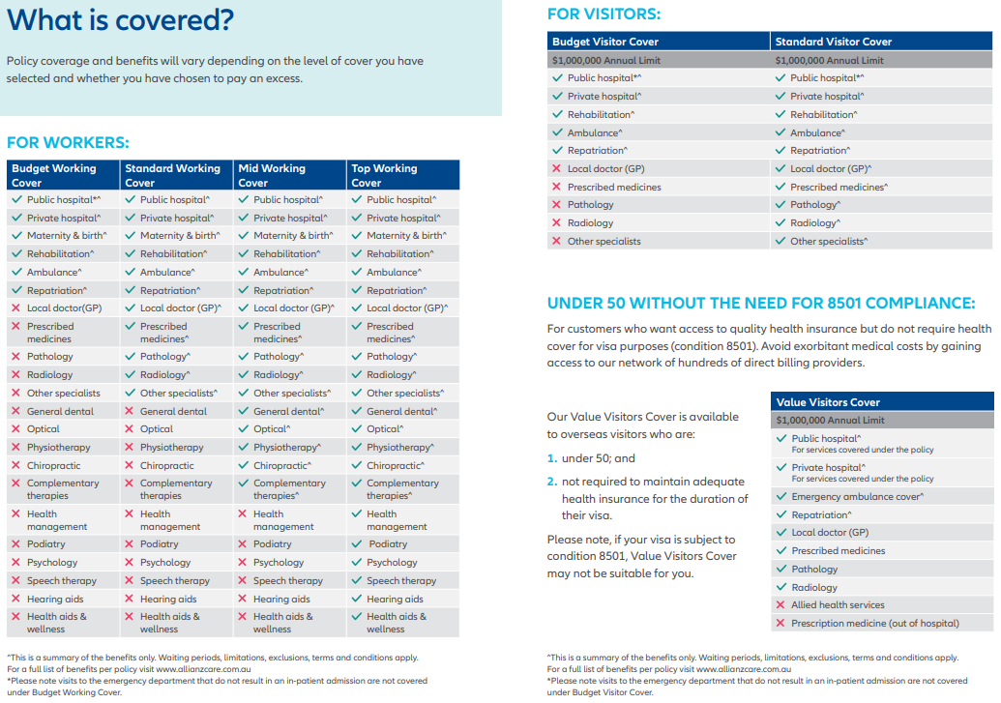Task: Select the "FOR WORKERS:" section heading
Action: pyautogui.click(x=68, y=143)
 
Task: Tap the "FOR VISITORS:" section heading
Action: pyautogui.click(x=604, y=14)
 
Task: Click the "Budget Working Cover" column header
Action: pyautogui.click(x=54, y=175)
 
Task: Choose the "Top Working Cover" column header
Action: pyautogui.click(x=384, y=175)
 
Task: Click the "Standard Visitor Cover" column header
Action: pyautogui.click(x=833, y=42)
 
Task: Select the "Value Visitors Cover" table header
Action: pyautogui.click(x=828, y=402)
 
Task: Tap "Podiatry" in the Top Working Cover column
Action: pyautogui.click(x=388, y=544)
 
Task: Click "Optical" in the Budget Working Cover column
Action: pyautogui.click(x=44, y=429)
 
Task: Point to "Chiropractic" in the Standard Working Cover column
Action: pyautogui.click(x=166, y=466)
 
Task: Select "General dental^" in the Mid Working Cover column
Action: pyautogui.click(x=288, y=411)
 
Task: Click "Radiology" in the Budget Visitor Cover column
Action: pyautogui.click(x=590, y=223)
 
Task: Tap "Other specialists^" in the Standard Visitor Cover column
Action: pyautogui.click(x=829, y=242)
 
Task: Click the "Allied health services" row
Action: pyautogui.click(x=838, y=605)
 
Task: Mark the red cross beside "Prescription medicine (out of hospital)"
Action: pyautogui.click(x=780, y=624)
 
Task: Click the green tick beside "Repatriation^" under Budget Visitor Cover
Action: pyautogui.click(x=557, y=151)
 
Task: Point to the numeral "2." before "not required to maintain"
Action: pyautogui.click(x=552, y=482)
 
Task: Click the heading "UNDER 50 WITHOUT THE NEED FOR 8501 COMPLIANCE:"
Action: pyautogui.click(x=761, y=304)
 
